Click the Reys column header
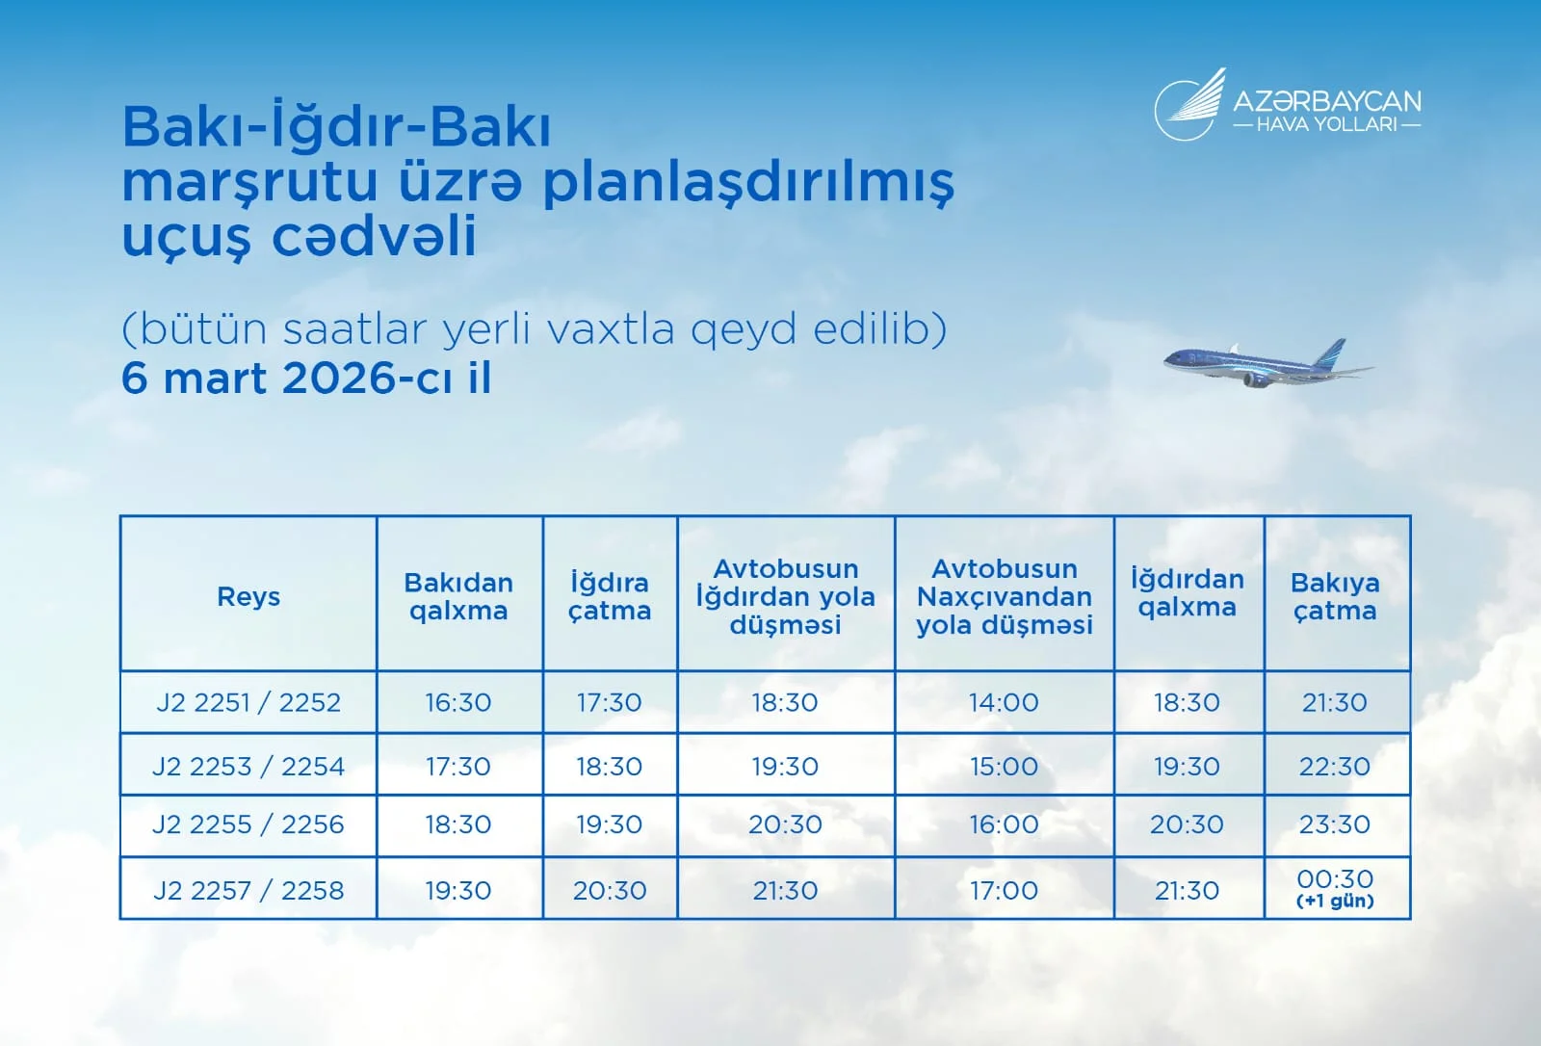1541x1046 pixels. [248, 596]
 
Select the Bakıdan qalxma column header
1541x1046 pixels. [458, 596]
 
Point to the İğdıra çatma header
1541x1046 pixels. [610, 596]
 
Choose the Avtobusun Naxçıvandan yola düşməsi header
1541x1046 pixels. [1004, 596]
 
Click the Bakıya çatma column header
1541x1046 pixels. [1335, 596]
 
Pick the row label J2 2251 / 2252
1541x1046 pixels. [248, 702]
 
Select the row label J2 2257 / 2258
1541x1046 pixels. [248, 890]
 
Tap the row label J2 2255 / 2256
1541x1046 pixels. [248, 824]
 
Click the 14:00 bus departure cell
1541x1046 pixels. [1004, 702]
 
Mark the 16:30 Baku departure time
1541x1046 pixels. [458, 702]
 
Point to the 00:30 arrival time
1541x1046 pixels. [1335, 878]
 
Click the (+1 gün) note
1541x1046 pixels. [1335, 902]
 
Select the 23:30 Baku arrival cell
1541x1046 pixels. [1335, 824]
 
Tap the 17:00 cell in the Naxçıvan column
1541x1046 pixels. [1004, 890]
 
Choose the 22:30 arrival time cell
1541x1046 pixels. [1335, 767]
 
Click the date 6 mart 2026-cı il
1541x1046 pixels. [306, 378]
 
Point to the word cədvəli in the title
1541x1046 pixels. [375, 237]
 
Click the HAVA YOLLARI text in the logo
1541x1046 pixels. [1326, 124]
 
